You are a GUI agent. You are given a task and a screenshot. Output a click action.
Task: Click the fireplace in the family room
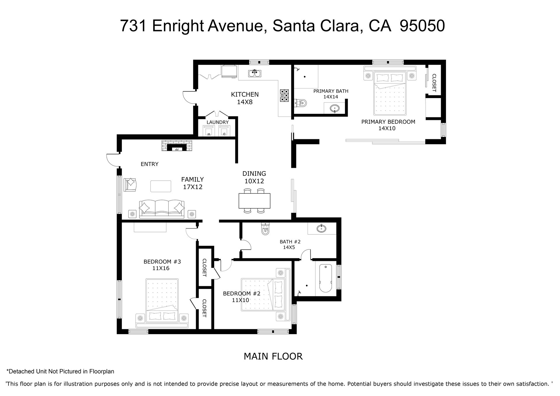point(177,146)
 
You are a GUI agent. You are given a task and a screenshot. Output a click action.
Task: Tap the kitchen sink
point(255,73)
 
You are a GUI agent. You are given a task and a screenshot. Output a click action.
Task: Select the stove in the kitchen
point(284,95)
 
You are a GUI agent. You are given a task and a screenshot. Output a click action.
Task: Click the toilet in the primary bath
point(301,103)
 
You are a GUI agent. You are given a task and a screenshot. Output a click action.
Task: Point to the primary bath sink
point(335,109)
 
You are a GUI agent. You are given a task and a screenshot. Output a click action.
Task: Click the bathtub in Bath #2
point(325,278)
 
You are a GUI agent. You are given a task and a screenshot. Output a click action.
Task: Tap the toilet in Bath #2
point(265,229)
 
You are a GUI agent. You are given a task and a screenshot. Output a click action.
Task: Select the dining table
point(254,200)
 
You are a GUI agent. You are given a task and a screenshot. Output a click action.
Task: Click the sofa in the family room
point(162,209)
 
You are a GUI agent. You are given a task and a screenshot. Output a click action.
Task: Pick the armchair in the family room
point(130,185)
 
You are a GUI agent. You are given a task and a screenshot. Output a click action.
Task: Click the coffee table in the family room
point(161,186)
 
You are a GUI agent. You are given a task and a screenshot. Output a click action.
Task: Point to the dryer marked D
point(224,130)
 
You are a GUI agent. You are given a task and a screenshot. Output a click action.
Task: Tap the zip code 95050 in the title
point(422,26)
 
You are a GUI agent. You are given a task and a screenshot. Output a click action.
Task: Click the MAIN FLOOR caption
point(273,356)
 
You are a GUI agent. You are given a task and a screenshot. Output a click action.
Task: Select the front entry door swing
point(113,160)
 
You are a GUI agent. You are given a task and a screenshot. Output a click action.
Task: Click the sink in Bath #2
point(321,228)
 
